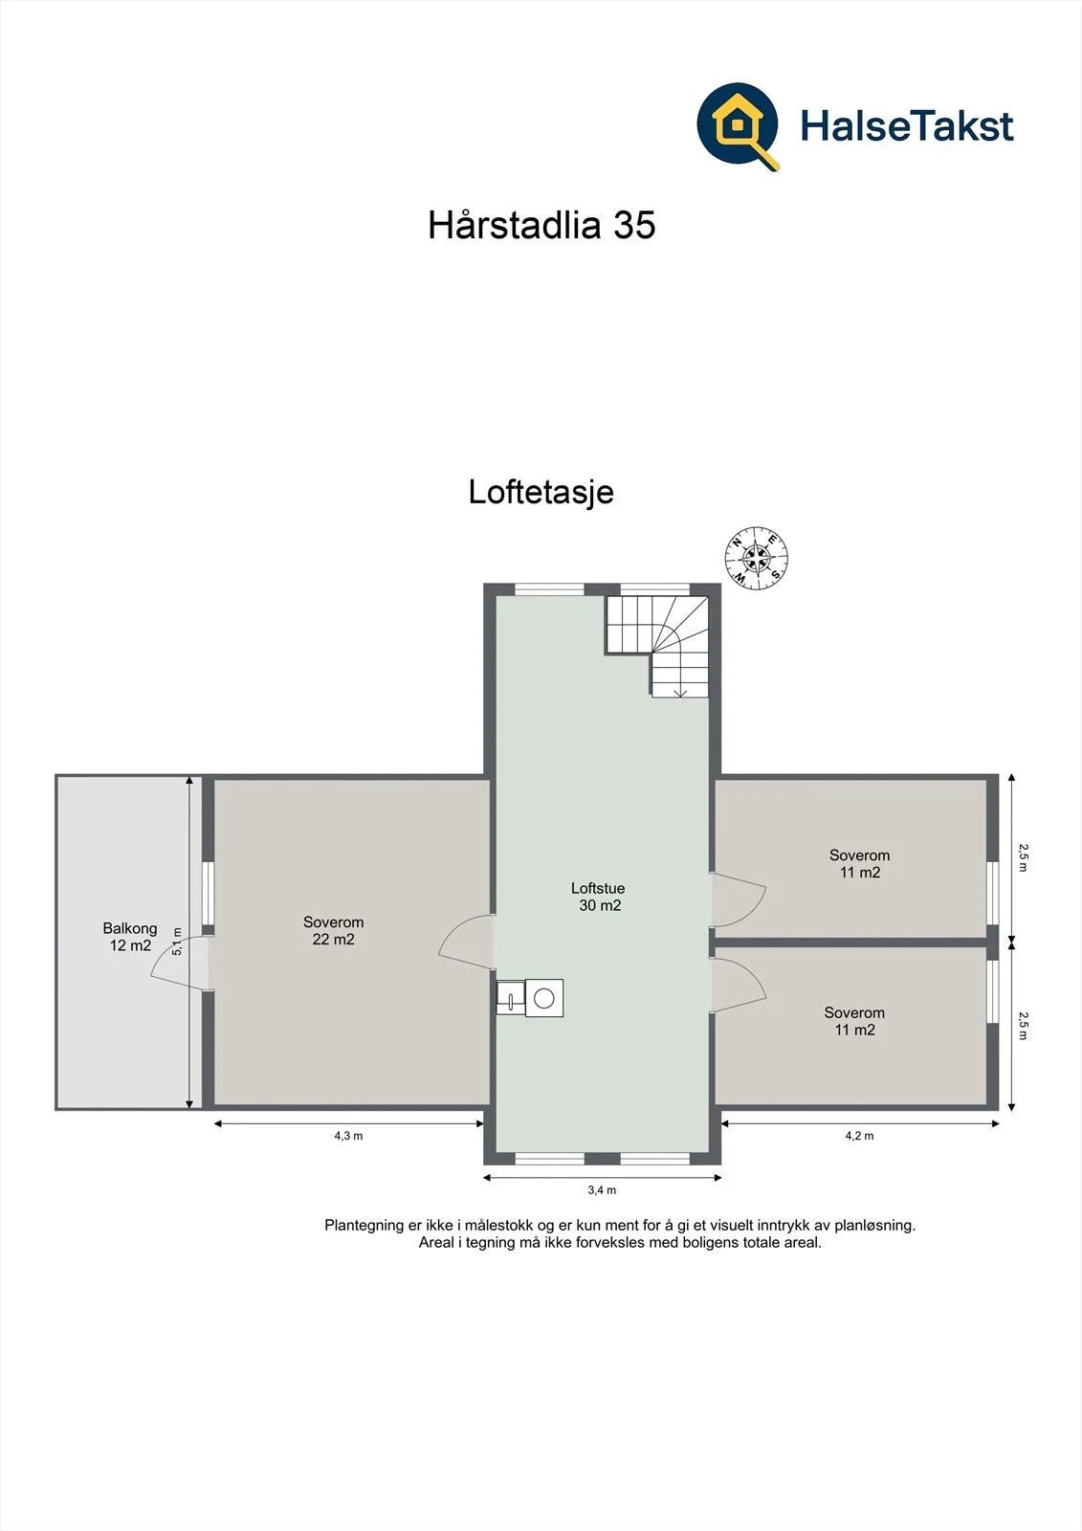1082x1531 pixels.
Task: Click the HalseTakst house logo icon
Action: point(738,125)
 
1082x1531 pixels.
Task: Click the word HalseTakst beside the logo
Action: point(906,126)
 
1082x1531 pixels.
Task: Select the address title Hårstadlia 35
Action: point(541,224)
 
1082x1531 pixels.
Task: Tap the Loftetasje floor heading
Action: point(541,492)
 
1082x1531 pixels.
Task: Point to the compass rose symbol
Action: point(756,559)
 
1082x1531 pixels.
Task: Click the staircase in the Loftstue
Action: point(656,646)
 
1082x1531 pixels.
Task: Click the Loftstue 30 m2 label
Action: point(599,897)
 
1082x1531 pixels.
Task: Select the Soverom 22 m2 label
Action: point(334,930)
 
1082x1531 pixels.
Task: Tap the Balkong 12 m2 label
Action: point(130,937)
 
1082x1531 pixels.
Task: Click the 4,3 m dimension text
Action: point(348,1136)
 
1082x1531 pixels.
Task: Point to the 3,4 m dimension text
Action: point(602,1190)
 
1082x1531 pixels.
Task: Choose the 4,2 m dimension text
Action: point(859,1136)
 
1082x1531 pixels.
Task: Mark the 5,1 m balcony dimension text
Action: point(177,942)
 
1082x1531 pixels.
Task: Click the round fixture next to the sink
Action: point(544,998)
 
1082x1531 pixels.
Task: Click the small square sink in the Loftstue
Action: point(511,997)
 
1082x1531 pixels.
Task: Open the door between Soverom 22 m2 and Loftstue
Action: point(466,942)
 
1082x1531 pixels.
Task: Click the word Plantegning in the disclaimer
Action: point(364,1226)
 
